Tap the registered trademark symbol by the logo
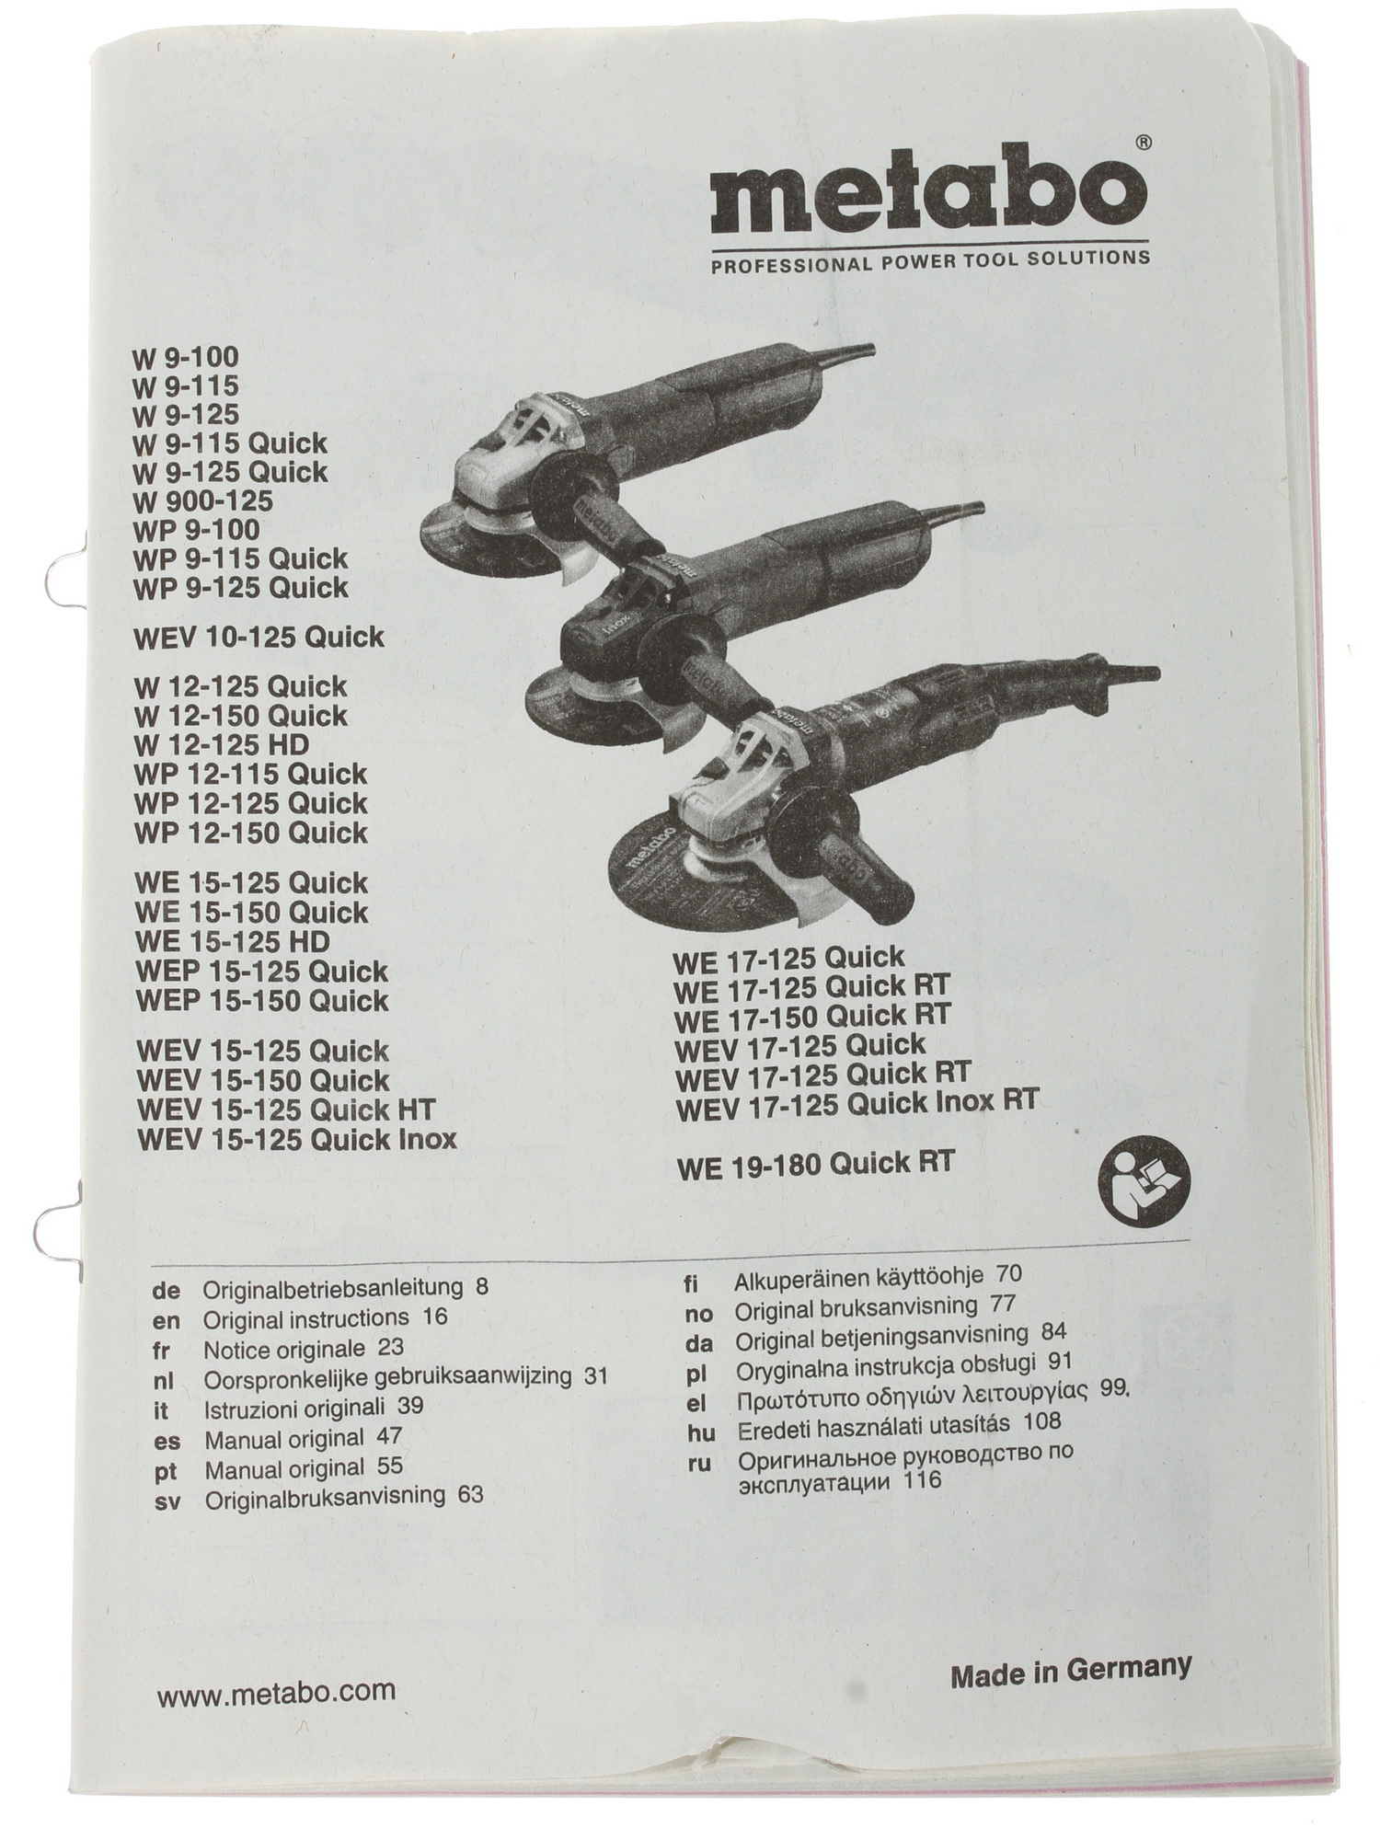pos(1142,144)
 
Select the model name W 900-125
pos(203,501)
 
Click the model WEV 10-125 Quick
pos(259,638)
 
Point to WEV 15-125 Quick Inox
pos(296,1139)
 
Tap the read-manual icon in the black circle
pos(1145,1181)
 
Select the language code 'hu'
pos(701,1433)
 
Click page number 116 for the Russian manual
pos(923,1481)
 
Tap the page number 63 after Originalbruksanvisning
pos(469,1494)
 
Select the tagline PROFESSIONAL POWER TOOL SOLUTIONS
pos(929,260)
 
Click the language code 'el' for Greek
pos(696,1404)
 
